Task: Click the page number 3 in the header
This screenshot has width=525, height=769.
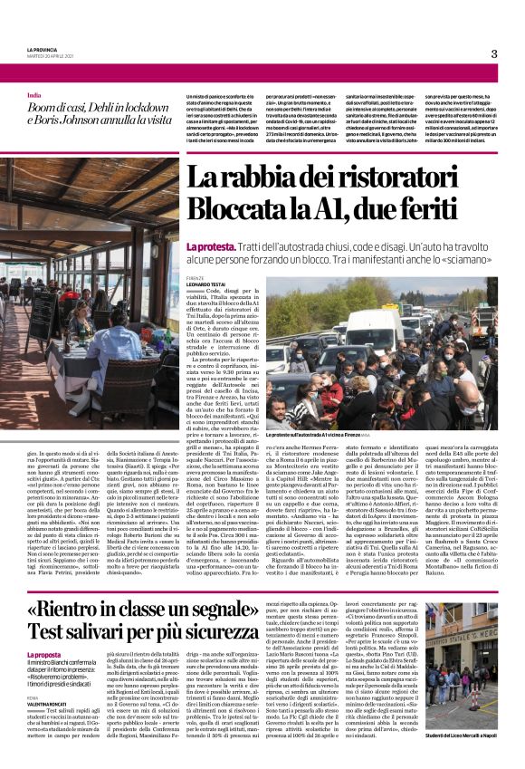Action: click(493, 53)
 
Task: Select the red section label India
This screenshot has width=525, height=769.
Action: click(33, 95)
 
